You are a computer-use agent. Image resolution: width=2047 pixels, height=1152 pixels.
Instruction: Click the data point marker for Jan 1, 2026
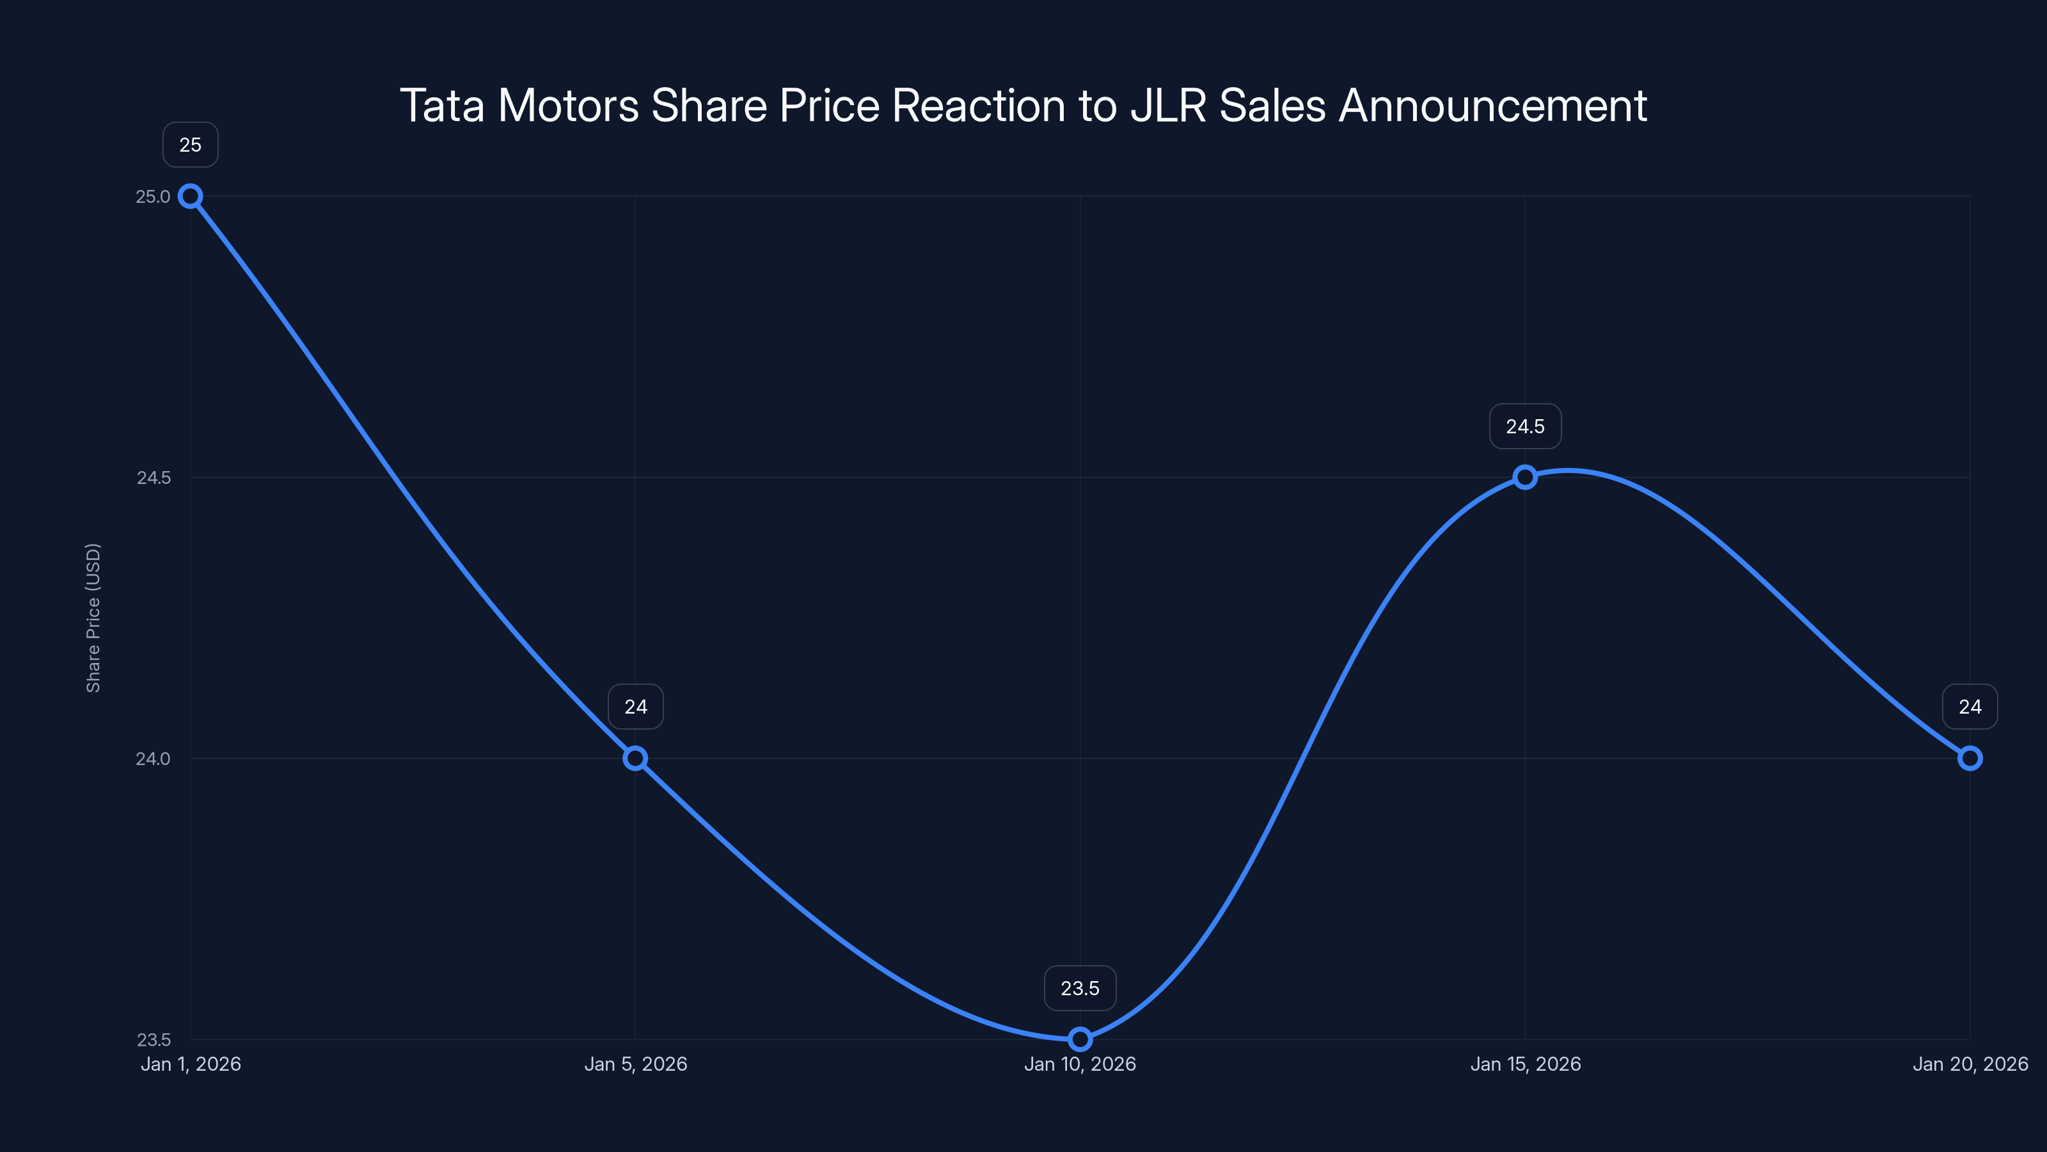pyautogui.click(x=190, y=196)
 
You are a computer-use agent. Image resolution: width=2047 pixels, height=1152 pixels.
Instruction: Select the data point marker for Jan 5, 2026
pyautogui.click(x=635, y=758)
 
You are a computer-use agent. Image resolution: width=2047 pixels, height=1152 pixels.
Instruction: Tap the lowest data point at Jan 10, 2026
pyautogui.click(x=1080, y=1039)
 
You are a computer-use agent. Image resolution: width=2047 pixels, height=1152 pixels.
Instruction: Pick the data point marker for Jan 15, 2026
pyautogui.click(x=1525, y=477)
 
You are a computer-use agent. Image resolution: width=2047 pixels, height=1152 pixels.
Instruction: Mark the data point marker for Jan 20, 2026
pyautogui.click(x=1970, y=758)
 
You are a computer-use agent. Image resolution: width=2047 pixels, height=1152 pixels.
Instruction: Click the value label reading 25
pyautogui.click(x=191, y=145)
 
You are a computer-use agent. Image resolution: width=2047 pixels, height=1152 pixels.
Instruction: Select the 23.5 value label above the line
pyautogui.click(x=1080, y=988)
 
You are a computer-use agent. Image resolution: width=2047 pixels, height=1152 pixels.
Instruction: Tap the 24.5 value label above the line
pyautogui.click(x=1525, y=426)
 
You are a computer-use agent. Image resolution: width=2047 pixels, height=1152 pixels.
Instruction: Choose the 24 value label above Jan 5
pyautogui.click(x=636, y=707)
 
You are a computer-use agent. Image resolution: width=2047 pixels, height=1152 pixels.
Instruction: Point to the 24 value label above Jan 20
pyautogui.click(x=1970, y=707)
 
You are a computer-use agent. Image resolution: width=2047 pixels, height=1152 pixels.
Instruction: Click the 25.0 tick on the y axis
pyautogui.click(x=153, y=196)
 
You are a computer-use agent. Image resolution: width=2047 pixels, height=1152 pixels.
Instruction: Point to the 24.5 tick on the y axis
pyautogui.click(x=154, y=477)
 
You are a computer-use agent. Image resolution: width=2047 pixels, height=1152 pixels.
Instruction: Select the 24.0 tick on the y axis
pyautogui.click(x=153, y=758)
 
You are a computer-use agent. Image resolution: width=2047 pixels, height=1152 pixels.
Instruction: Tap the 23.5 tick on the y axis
pyautogui.click(x=154, y=1039)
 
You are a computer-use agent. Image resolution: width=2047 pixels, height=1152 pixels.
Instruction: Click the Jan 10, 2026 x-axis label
pyautogui.click(x=1080, y=1064)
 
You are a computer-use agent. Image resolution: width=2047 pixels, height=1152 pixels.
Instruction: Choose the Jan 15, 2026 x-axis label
pyautogui.click(x=1525, y=1064)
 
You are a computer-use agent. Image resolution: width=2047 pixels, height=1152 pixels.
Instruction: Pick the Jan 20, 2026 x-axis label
pyautogui.click(x=1970, y=1064)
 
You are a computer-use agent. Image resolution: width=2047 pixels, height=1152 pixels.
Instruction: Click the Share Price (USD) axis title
pyautogui.click(x=93, y=618)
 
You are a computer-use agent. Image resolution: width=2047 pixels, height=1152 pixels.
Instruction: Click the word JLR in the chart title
pyautogui.click(x=1168, y=106)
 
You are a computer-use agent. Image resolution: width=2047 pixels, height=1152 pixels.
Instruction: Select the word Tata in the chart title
pyautogui.click(x=442, y=106)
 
